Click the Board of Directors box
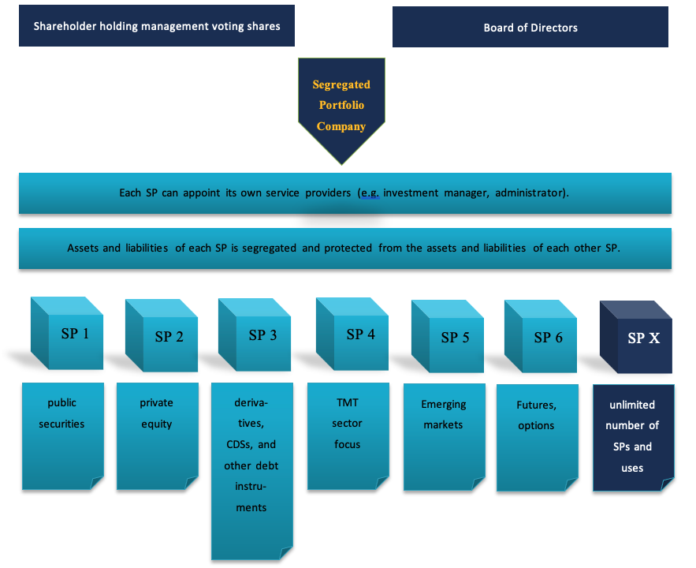point(530,27)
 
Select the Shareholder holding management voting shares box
point(157,26)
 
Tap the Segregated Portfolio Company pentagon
point(341,106)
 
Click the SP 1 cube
point(67,333)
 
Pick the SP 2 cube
point(162,335)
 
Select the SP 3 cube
point(255,334)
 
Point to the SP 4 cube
point(352,334)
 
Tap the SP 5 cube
point(448,336)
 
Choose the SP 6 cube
point(541,336)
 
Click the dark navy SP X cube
point(636,337)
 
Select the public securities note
point(63,436)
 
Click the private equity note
point(158,436)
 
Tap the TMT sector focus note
point(348,436)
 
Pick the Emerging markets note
point(445,437)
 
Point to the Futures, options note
point(538,437)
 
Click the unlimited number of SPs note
point(634,437)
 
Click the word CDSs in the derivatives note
point(239,445)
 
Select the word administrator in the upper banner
point(532,192)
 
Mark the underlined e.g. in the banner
point(370,193)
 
